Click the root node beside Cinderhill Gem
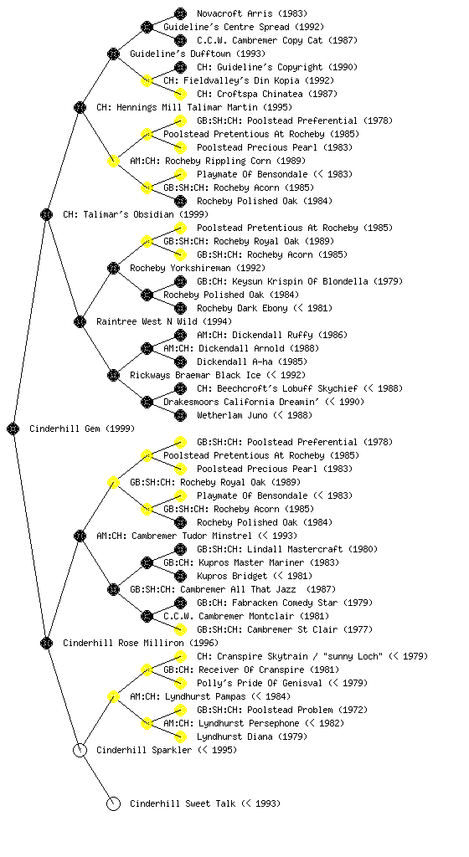coord(13,428)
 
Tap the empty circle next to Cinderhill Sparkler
coord(80,750)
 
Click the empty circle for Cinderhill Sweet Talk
coord(113,803)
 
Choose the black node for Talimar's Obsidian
coord(46,214)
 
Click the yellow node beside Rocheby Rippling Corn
coord(113,161)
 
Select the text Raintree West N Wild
coord(147,321)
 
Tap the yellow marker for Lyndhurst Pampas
coord(113,696)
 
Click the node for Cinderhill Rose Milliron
coord(46,643)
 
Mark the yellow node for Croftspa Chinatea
coord(180,94)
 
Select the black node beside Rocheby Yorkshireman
coord(113,268)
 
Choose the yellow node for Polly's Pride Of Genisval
coord(180,683)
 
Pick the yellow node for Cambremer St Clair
coord(180,629)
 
